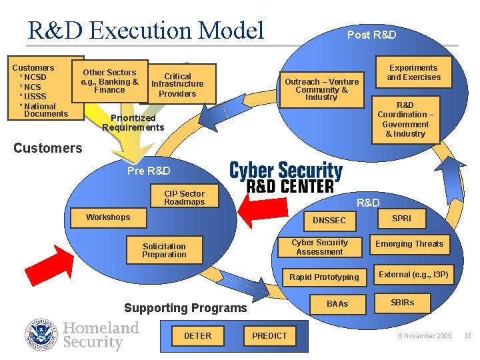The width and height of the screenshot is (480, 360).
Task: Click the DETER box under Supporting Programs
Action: point(197,335)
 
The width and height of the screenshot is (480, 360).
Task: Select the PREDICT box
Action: point(269,335)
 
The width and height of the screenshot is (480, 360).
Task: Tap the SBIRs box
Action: point(402,303)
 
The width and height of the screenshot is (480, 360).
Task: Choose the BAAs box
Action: point(337,303)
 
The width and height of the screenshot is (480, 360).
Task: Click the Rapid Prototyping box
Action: point(324,277)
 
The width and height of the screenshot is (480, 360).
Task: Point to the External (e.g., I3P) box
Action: point(413,275)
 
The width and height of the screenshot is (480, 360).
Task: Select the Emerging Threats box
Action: point(409,244)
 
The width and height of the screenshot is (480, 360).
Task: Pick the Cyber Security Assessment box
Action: point(319,247)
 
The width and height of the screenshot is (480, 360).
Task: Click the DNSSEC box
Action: point(329,220)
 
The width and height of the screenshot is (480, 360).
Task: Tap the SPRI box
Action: point(401,219)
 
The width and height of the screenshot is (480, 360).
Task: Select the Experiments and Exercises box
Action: point(413,72)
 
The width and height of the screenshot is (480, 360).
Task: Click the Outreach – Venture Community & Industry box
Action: point(321,89)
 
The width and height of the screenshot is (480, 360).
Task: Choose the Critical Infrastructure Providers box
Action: point(177,85)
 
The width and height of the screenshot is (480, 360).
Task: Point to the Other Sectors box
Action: point(109,81)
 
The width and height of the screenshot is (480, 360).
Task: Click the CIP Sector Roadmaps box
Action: point(184,198)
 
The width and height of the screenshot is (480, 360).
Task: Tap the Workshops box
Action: point(108,217)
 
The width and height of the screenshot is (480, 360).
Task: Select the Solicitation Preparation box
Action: point(164,250)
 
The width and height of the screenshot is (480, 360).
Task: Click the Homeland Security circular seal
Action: point(42,335)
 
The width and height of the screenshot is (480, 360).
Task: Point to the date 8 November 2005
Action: point(425,336)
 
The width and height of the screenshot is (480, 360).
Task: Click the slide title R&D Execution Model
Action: point(146,31)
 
